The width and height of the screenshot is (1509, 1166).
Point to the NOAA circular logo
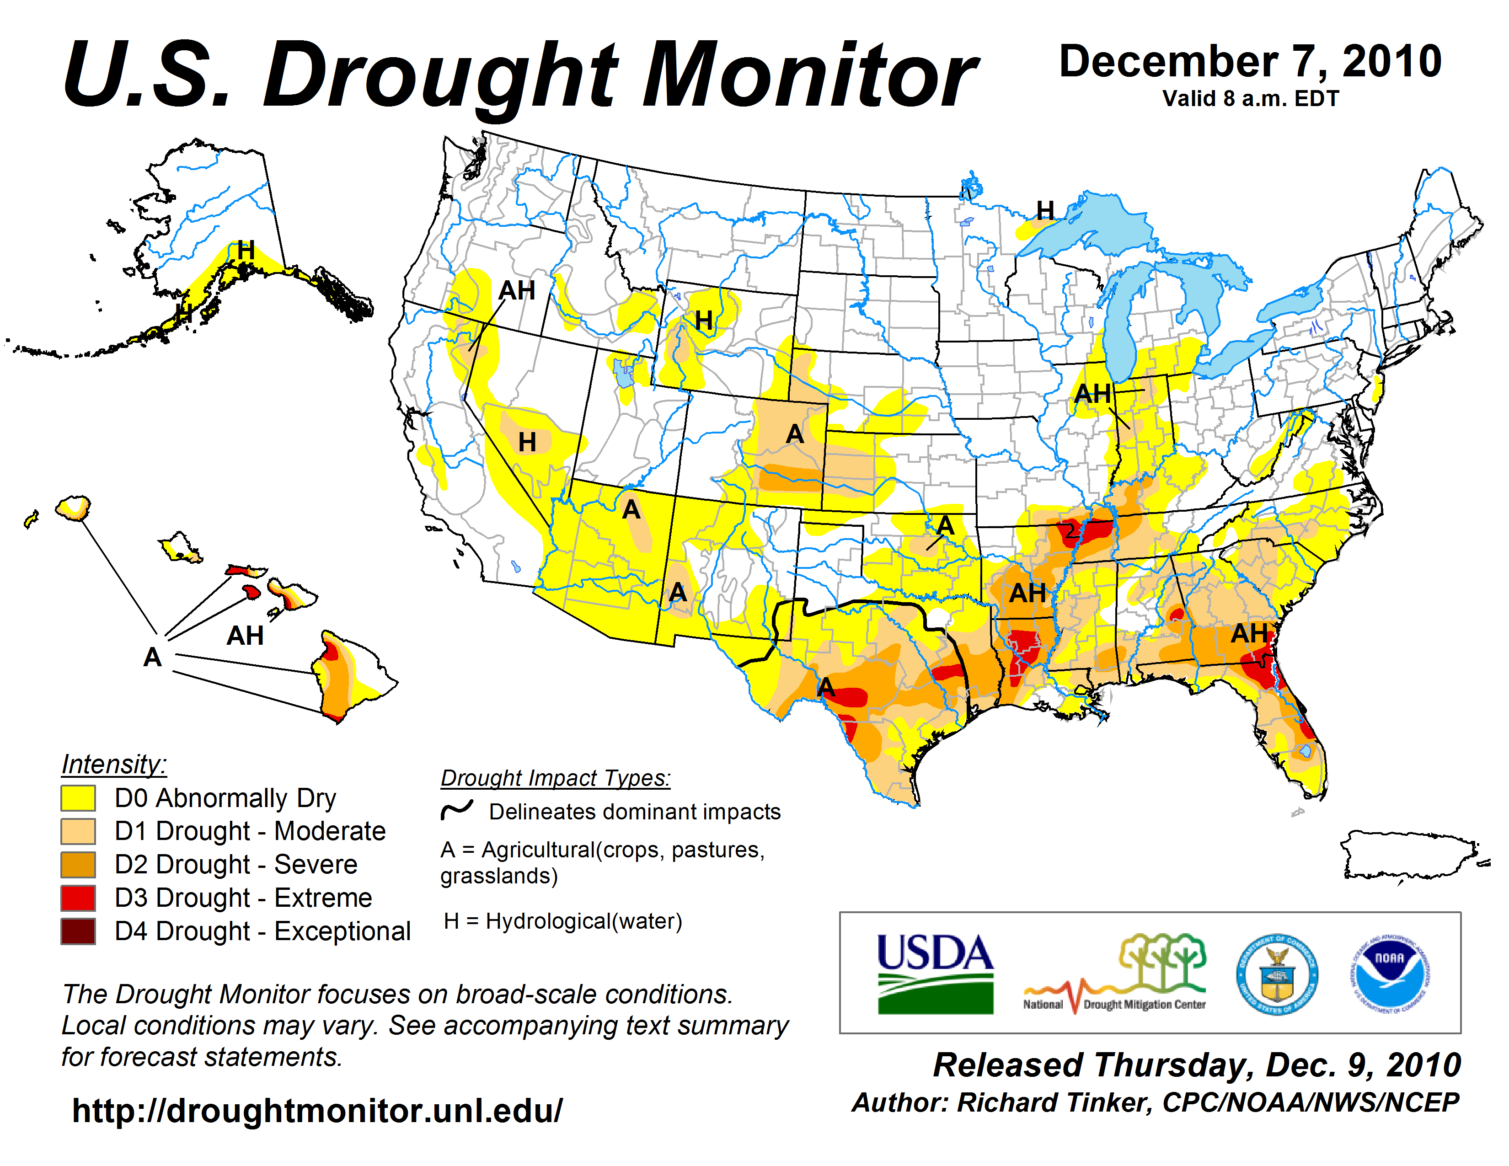coord(1390,974)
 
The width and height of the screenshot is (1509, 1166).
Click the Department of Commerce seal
coord(1277,974)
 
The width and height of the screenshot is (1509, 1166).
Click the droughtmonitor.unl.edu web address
coord(317,1111)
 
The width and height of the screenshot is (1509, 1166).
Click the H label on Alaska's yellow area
coord(246,251)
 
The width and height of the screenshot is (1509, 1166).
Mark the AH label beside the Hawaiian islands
coord(245,636)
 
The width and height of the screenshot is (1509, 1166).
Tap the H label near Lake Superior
coord(1045,211)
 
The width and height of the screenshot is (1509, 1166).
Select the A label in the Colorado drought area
coord(795,434)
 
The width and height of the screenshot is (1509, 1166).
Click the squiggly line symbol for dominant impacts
coord(457,810)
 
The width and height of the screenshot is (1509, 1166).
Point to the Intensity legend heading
coord(114,765)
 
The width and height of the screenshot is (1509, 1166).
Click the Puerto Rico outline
coord(1409,855)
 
